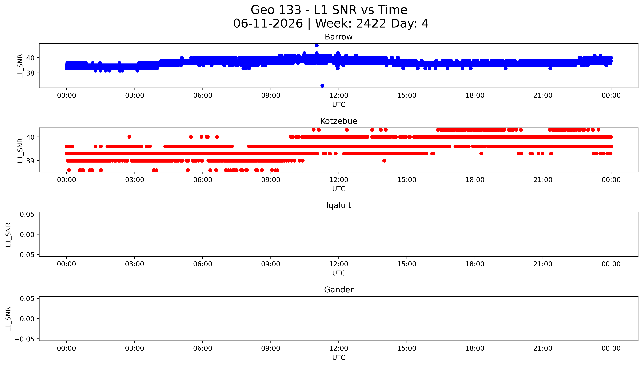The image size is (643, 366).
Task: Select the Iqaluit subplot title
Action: tap(338, 205)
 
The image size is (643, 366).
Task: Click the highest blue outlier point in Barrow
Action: tap(317, 45)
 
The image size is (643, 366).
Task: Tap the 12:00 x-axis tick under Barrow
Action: tap(339, 96)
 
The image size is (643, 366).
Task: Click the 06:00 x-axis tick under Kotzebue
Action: tap(203, 180)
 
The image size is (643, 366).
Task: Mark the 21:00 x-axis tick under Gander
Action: tap(543, 348)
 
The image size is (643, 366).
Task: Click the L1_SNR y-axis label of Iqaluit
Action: tap(8, 235)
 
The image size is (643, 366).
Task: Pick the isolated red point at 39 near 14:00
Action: tap(384, 161)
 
